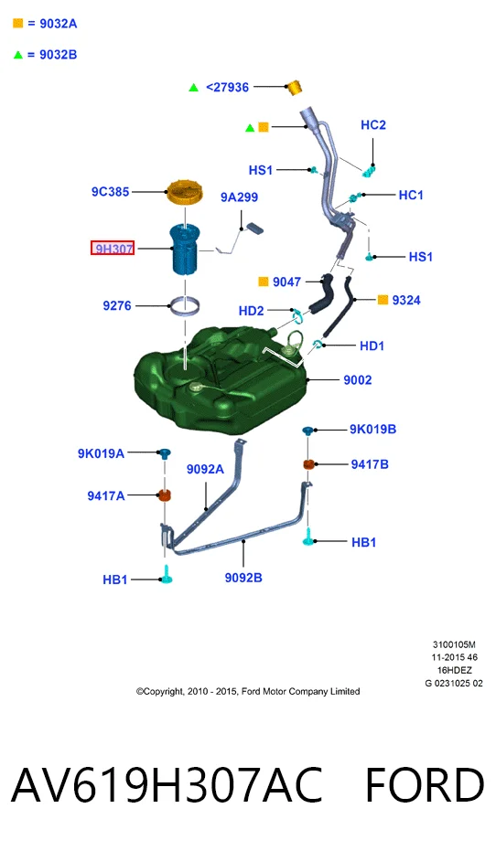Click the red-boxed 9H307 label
click(113, 249)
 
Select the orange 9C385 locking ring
click(185, 192)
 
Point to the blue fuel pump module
click(185, 250)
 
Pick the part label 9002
click(358, 380)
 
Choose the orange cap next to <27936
click(294, 87)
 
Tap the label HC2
click(373, 125)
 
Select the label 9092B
click(243, 578)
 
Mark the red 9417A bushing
click(164, 495)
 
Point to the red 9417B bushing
click(308, 464)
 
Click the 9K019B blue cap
click(308, 431)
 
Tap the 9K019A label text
click(101, 453)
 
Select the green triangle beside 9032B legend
click(18, 54)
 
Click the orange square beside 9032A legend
click(18, 24)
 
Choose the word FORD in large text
click(425, 785)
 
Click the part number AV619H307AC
click(167, 785)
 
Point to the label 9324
click(406, 300)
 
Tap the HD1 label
click(372, 346)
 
